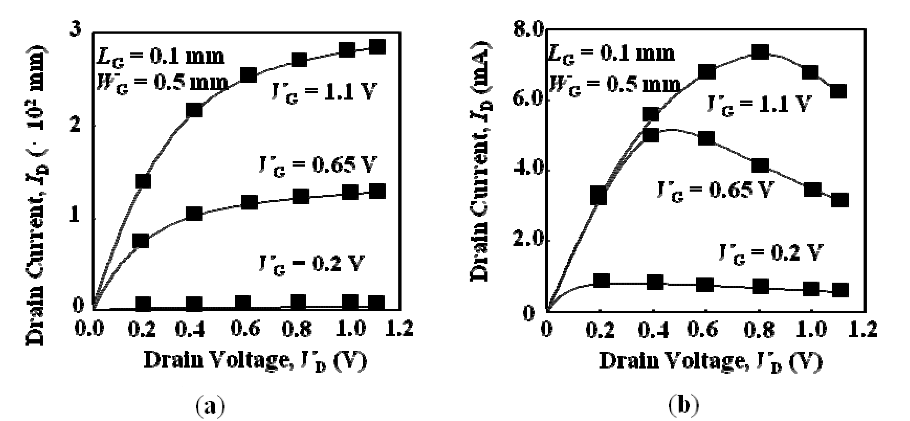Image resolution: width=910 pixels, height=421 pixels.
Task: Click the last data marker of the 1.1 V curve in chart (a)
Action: click(x=377, y=47)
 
